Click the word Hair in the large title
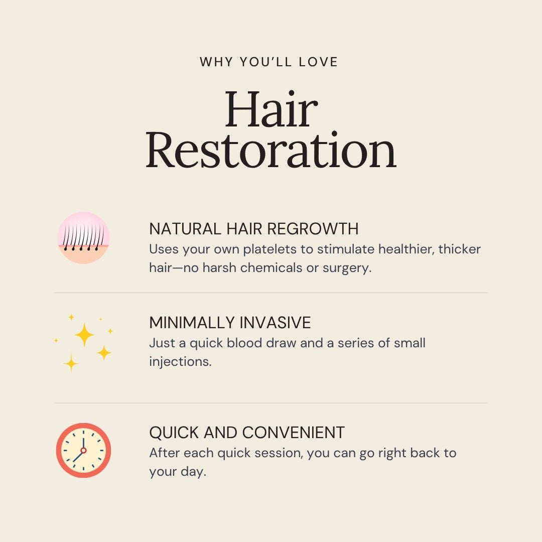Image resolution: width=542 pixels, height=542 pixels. click(272, 109)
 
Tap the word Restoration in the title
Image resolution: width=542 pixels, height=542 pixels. click(271, 151)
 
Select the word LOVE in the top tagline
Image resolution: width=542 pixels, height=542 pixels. click(318, 62)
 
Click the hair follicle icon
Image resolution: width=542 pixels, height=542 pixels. click(83, 238)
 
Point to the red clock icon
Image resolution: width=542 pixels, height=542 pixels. click(83, 450)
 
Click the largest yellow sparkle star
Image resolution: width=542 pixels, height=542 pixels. click(84, 335)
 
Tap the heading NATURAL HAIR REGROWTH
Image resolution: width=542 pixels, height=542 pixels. click(254, 229)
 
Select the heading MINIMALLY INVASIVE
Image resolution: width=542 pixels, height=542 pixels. click(230, 323)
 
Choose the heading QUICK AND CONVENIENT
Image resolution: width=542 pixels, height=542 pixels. click(247, 433)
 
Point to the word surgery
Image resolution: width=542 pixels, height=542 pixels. click(347, 268)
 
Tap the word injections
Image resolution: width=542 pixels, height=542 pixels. click(180, 362)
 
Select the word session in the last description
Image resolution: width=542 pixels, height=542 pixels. click(279, 453)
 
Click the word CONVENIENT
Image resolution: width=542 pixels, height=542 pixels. click(293, 433)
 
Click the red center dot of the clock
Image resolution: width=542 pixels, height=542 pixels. click(83, 450)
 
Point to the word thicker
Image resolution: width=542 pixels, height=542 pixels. click(459, 249)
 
